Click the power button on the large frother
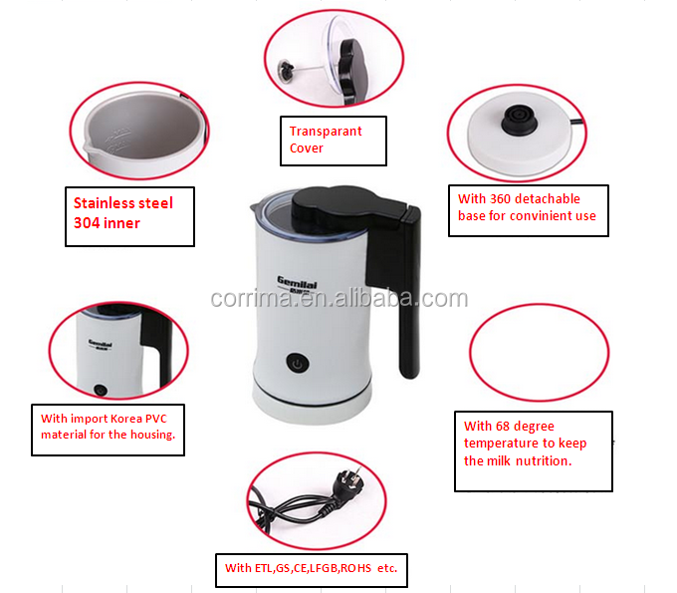[298, 363]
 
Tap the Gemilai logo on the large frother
[297, 283]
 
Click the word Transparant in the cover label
[326, 131]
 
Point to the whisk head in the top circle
[287, 69]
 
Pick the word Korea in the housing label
[126, 419]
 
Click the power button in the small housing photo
[101, 390]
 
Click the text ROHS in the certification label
[355, 568]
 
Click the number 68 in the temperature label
[503, 427]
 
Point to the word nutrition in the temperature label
[544, 461]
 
